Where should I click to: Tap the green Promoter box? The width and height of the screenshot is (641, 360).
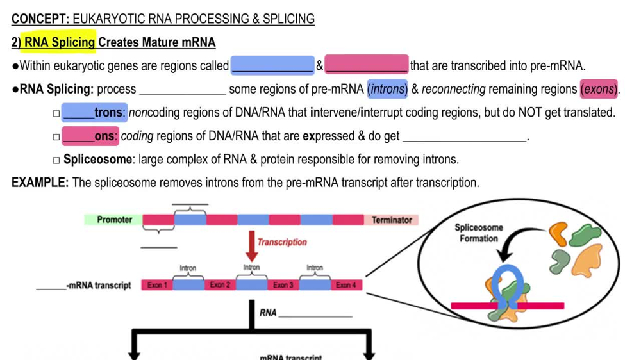point(113,220)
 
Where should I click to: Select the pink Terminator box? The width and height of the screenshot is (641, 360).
point(392,220)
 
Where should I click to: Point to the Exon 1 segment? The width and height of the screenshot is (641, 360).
point(157,285)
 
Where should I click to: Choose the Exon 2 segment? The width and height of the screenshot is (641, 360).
point(220,285)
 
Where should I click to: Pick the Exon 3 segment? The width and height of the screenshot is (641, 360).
point(283,285)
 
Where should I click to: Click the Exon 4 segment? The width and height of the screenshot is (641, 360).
point(345,285)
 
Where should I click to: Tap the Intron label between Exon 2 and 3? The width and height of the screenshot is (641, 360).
point(251,267)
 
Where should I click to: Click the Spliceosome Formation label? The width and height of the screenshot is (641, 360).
point(478,233)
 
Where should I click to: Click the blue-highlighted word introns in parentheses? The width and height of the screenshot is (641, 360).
point(387,89)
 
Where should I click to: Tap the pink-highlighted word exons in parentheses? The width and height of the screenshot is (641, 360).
point(599,89)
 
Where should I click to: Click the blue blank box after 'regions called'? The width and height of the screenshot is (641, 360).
point(272,65)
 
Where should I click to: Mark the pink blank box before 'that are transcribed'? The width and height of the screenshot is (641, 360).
point(366,65)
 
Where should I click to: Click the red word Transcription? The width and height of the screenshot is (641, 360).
point(282,242)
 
